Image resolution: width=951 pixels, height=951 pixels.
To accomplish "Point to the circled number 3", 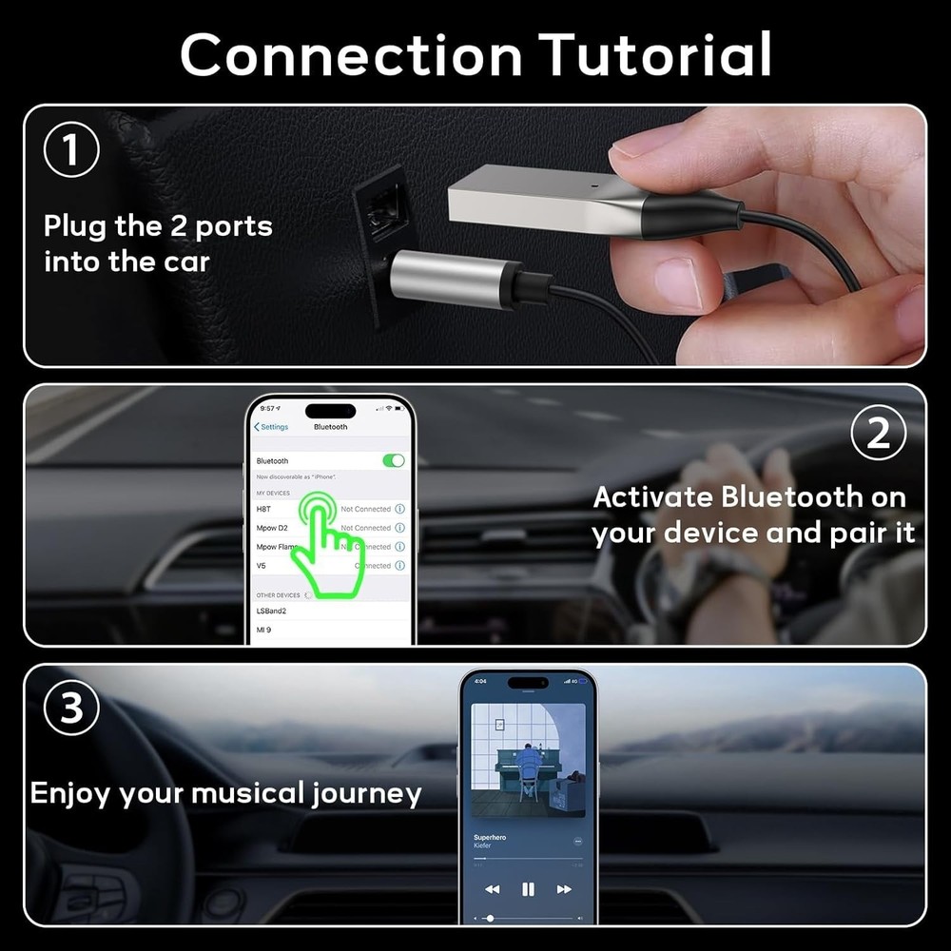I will coord(72,709).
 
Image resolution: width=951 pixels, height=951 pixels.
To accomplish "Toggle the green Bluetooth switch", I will coord(393,460).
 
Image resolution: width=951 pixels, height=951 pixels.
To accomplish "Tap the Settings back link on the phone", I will coord(272,427).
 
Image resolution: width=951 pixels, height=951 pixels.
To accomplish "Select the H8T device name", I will coord(262,509).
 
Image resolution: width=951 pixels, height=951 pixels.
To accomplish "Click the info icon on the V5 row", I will coord(399,566).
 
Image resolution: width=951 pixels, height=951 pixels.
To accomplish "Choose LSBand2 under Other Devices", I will coord(271,610).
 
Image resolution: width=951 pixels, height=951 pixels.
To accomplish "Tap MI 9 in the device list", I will coord(263,630).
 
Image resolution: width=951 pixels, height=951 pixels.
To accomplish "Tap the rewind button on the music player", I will coord(492,889).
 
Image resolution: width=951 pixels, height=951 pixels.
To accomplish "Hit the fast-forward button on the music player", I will coord(564,889).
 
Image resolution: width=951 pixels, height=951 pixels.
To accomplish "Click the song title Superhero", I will coord(490,837).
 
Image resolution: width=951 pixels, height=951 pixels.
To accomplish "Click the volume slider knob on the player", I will coord(490,918).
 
